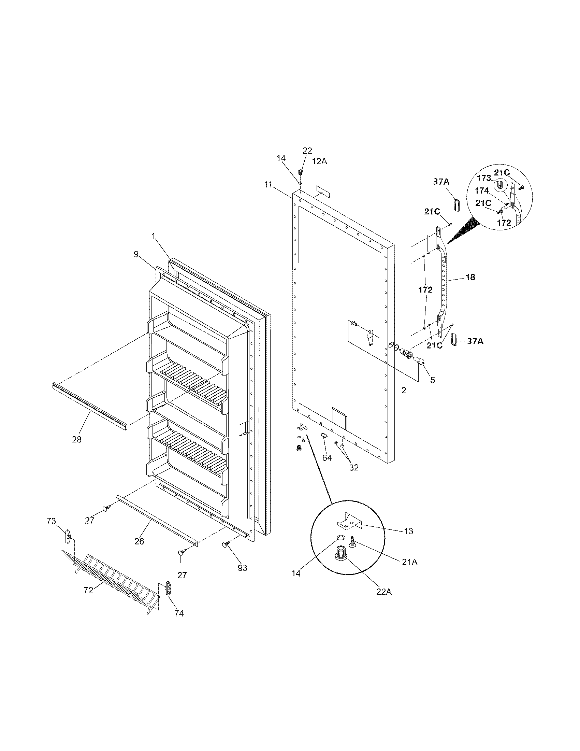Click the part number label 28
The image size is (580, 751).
click(x=77, y=439)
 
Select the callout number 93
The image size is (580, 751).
click(x=243, y=568)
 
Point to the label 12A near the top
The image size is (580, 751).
click(x=320, y=161)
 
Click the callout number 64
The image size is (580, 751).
click(x=327, y=458)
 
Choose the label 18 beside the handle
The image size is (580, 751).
click(x=470, y=277)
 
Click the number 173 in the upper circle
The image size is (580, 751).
click(x=484, y=178)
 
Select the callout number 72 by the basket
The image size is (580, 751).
click(x=88, y=590)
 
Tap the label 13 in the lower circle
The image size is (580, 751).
click(x=408, y=531)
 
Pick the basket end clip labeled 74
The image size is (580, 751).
click(x=169, y=588)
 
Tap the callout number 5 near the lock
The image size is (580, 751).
click(x=433, y=380)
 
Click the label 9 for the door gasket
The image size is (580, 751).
click(x=136, y=254)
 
